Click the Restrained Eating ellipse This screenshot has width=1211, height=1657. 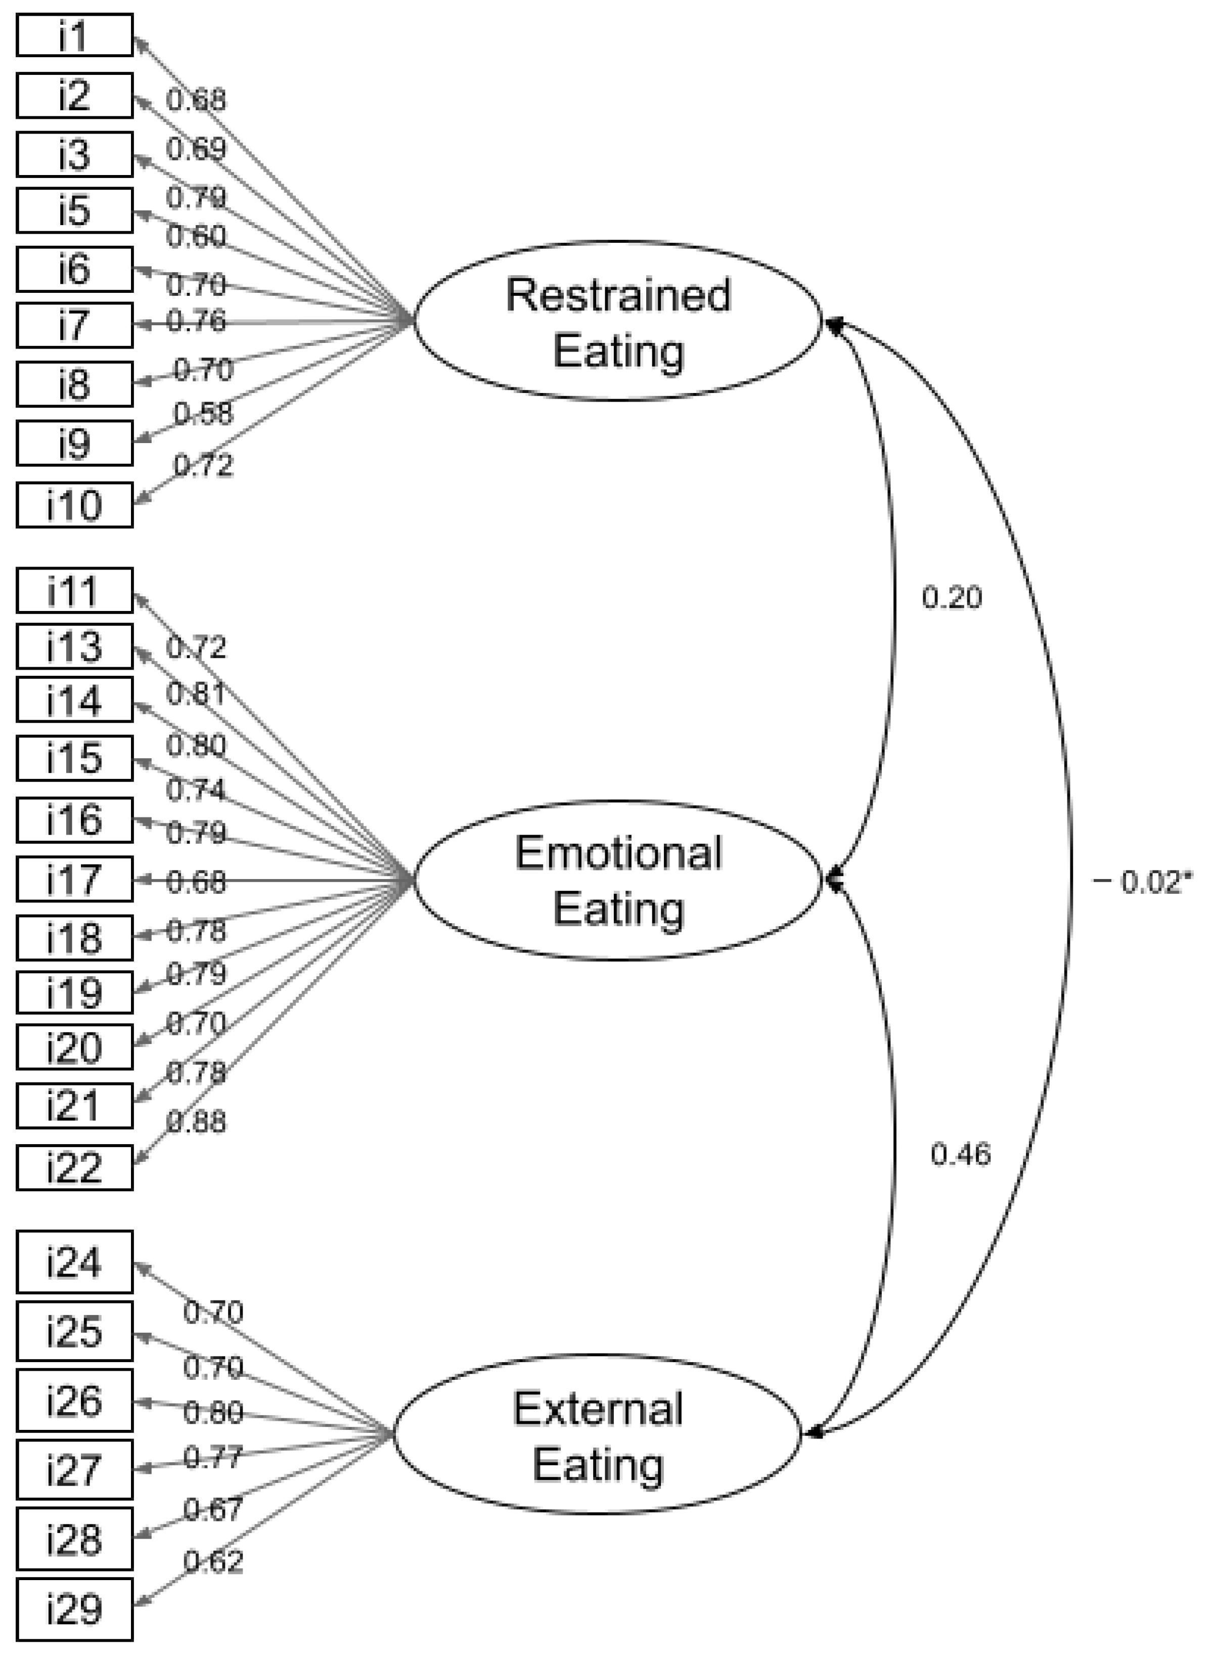pos(618,321)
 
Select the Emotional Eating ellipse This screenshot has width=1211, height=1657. pos(618,880)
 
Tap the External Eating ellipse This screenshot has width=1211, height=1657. pos(598,1435)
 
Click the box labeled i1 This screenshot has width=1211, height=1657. pos(74,34)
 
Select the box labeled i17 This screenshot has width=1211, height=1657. pos(74,879)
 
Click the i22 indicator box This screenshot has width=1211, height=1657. pos(74,1167)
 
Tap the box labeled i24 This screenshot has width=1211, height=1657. pos(74,1262)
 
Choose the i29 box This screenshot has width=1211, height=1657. pos(74,1609)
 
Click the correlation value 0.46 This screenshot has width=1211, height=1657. pos(960,1155)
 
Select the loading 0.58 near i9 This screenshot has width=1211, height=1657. pos(203,414)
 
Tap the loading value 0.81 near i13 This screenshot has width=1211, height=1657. pos(196,693)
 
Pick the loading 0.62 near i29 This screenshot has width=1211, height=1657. pos(212,1562)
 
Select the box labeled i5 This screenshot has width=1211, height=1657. pos(74,210)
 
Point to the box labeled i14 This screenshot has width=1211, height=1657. pos(74,700)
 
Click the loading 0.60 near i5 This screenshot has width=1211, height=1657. pos(196,237)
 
